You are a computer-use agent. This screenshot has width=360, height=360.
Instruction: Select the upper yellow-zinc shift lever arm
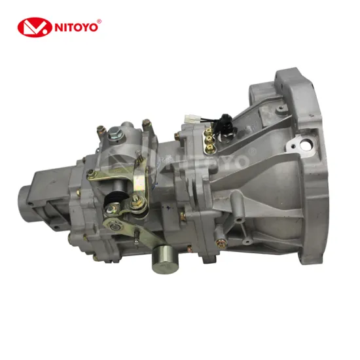coord(111,175)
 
